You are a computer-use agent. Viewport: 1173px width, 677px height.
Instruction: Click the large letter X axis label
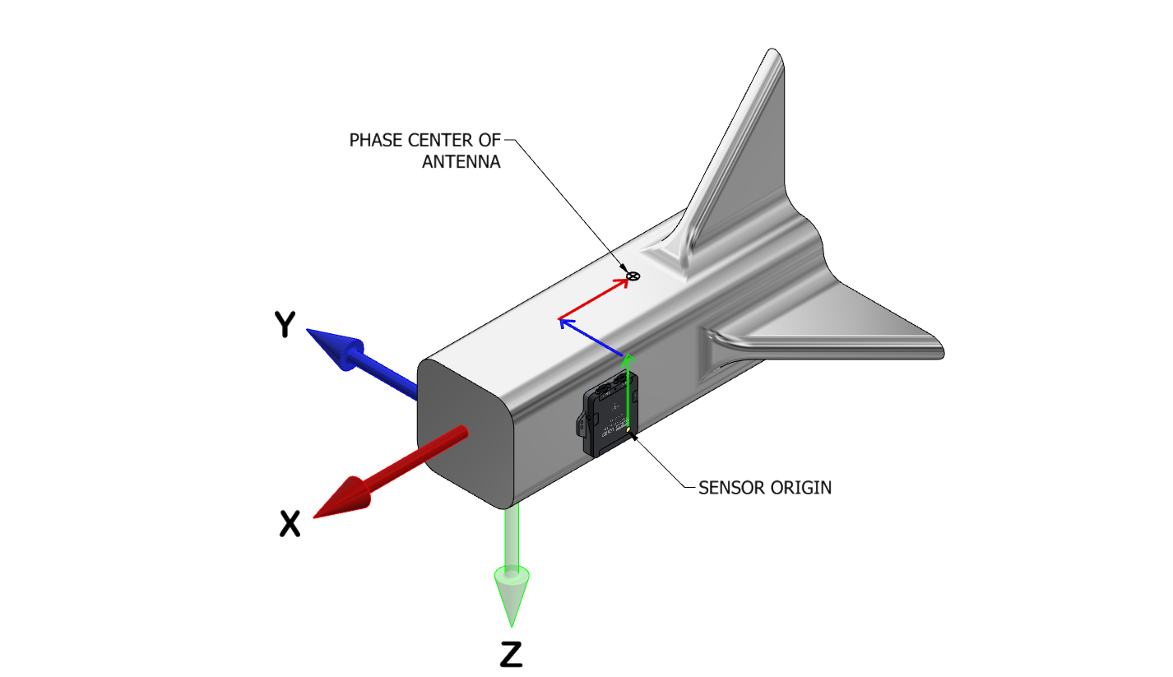click(x=290, y=523)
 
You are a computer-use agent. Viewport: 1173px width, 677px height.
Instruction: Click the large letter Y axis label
click(x=284, y=325)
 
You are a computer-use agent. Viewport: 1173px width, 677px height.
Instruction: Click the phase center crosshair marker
click(x=633, y=276)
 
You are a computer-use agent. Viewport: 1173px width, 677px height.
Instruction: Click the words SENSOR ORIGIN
click(x=765, y=487)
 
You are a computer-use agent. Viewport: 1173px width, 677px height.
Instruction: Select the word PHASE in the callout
click(x=375, y=140)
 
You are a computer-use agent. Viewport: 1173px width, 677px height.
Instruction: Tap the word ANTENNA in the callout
click(x=461, y=161)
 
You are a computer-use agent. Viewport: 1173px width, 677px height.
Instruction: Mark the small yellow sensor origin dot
click(x=629, y=429)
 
